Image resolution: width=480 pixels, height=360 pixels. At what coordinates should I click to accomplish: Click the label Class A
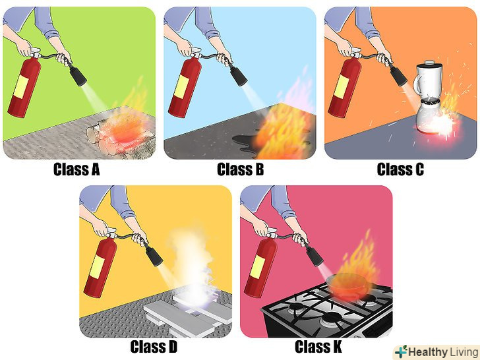76,169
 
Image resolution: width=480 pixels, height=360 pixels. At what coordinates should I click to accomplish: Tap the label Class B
240,169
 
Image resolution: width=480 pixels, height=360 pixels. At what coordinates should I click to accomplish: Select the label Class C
400,169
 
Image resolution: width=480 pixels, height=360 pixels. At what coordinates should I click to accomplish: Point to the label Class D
154,347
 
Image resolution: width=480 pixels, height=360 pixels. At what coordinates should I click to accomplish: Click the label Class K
318,347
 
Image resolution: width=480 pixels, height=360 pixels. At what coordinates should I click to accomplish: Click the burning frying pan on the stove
346,285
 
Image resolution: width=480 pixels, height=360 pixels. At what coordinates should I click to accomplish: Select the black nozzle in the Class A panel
77,75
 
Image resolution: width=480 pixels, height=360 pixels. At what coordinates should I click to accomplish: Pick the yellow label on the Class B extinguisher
181,86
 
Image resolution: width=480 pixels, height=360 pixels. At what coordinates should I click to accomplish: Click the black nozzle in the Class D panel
154,255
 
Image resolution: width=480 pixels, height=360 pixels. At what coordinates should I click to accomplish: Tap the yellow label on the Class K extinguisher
257,267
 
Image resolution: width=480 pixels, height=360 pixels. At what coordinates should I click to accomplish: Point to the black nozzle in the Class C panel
398,75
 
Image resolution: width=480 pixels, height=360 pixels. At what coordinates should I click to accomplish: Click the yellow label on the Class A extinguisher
21,86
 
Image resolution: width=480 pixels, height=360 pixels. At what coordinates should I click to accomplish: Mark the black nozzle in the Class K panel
314,255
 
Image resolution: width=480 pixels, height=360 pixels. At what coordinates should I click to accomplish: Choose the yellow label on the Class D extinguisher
97,267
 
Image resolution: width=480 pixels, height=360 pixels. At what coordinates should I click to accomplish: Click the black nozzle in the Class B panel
238,75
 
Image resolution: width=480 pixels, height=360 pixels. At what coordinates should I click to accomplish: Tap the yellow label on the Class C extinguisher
342,86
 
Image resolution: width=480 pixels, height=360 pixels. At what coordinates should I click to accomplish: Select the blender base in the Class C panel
429,118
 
